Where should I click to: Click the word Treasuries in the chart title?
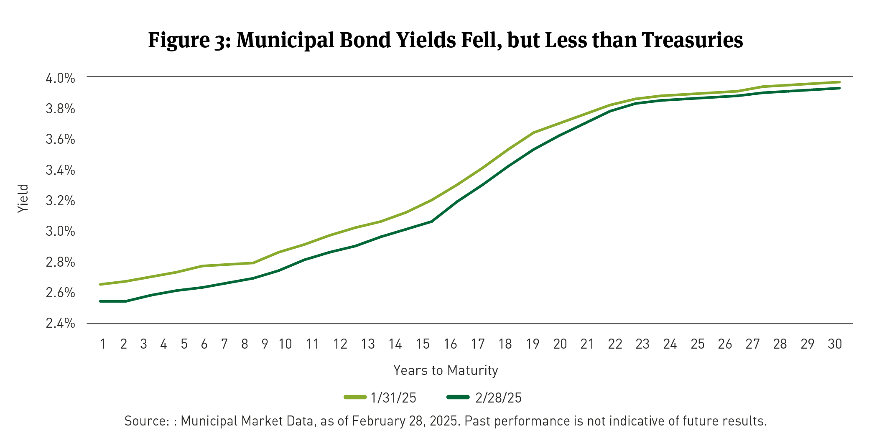tap(692, 40)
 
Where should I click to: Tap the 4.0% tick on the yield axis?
tap(60, 78)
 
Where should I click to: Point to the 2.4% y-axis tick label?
tap(60, 323)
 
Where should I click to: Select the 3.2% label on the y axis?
tap(60, 201)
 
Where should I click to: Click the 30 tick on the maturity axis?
tap(834, 344)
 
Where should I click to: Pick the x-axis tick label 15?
tap(423, 344)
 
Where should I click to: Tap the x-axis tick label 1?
tap(103, 344)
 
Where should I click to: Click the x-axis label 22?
tap(615, 344)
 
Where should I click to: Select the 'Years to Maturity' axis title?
tap(446, 370)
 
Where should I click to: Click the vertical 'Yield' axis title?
tap(23, 199)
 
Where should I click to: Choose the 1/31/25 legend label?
tap(393, 398)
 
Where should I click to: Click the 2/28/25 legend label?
tap(498, 398)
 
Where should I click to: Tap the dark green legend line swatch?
tap(458, 397)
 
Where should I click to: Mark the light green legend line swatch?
tap(355, 397)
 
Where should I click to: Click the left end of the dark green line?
tap(101, 301)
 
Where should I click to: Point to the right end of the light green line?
tap(839, 82)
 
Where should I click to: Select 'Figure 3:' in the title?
tap(189, 40)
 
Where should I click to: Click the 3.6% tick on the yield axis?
tap(60, 139)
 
